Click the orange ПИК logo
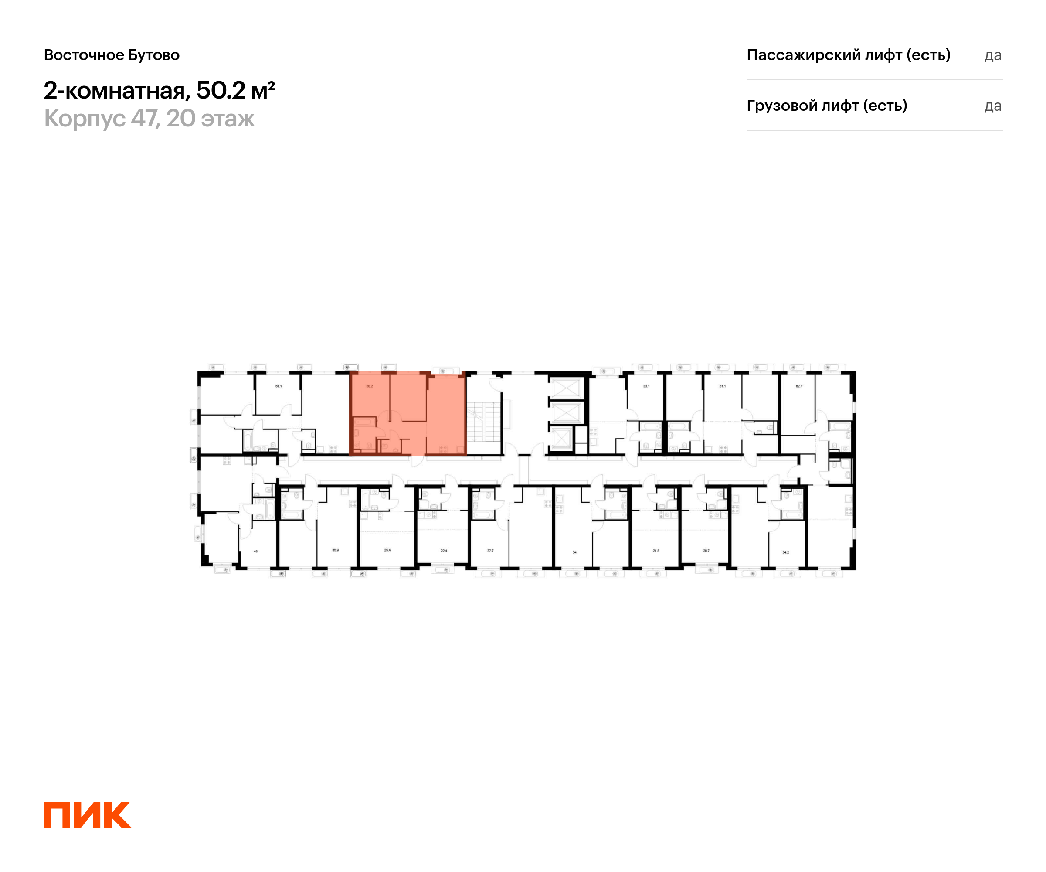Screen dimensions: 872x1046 87,815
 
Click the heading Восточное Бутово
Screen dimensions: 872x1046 112,55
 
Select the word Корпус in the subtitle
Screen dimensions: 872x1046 85,119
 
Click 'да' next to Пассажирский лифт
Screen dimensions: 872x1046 992,55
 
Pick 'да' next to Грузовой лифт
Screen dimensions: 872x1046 992,106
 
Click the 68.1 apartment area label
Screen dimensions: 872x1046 278,386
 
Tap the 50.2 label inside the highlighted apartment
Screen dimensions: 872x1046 369,386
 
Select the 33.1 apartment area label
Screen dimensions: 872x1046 646,386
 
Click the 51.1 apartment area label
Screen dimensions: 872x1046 722,386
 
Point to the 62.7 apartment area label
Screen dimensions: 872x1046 799,386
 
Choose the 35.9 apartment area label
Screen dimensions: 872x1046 335,550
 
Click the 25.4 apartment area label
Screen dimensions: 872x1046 387,550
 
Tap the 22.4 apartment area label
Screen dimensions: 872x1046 444,551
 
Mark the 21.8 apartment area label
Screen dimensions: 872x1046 656,551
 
